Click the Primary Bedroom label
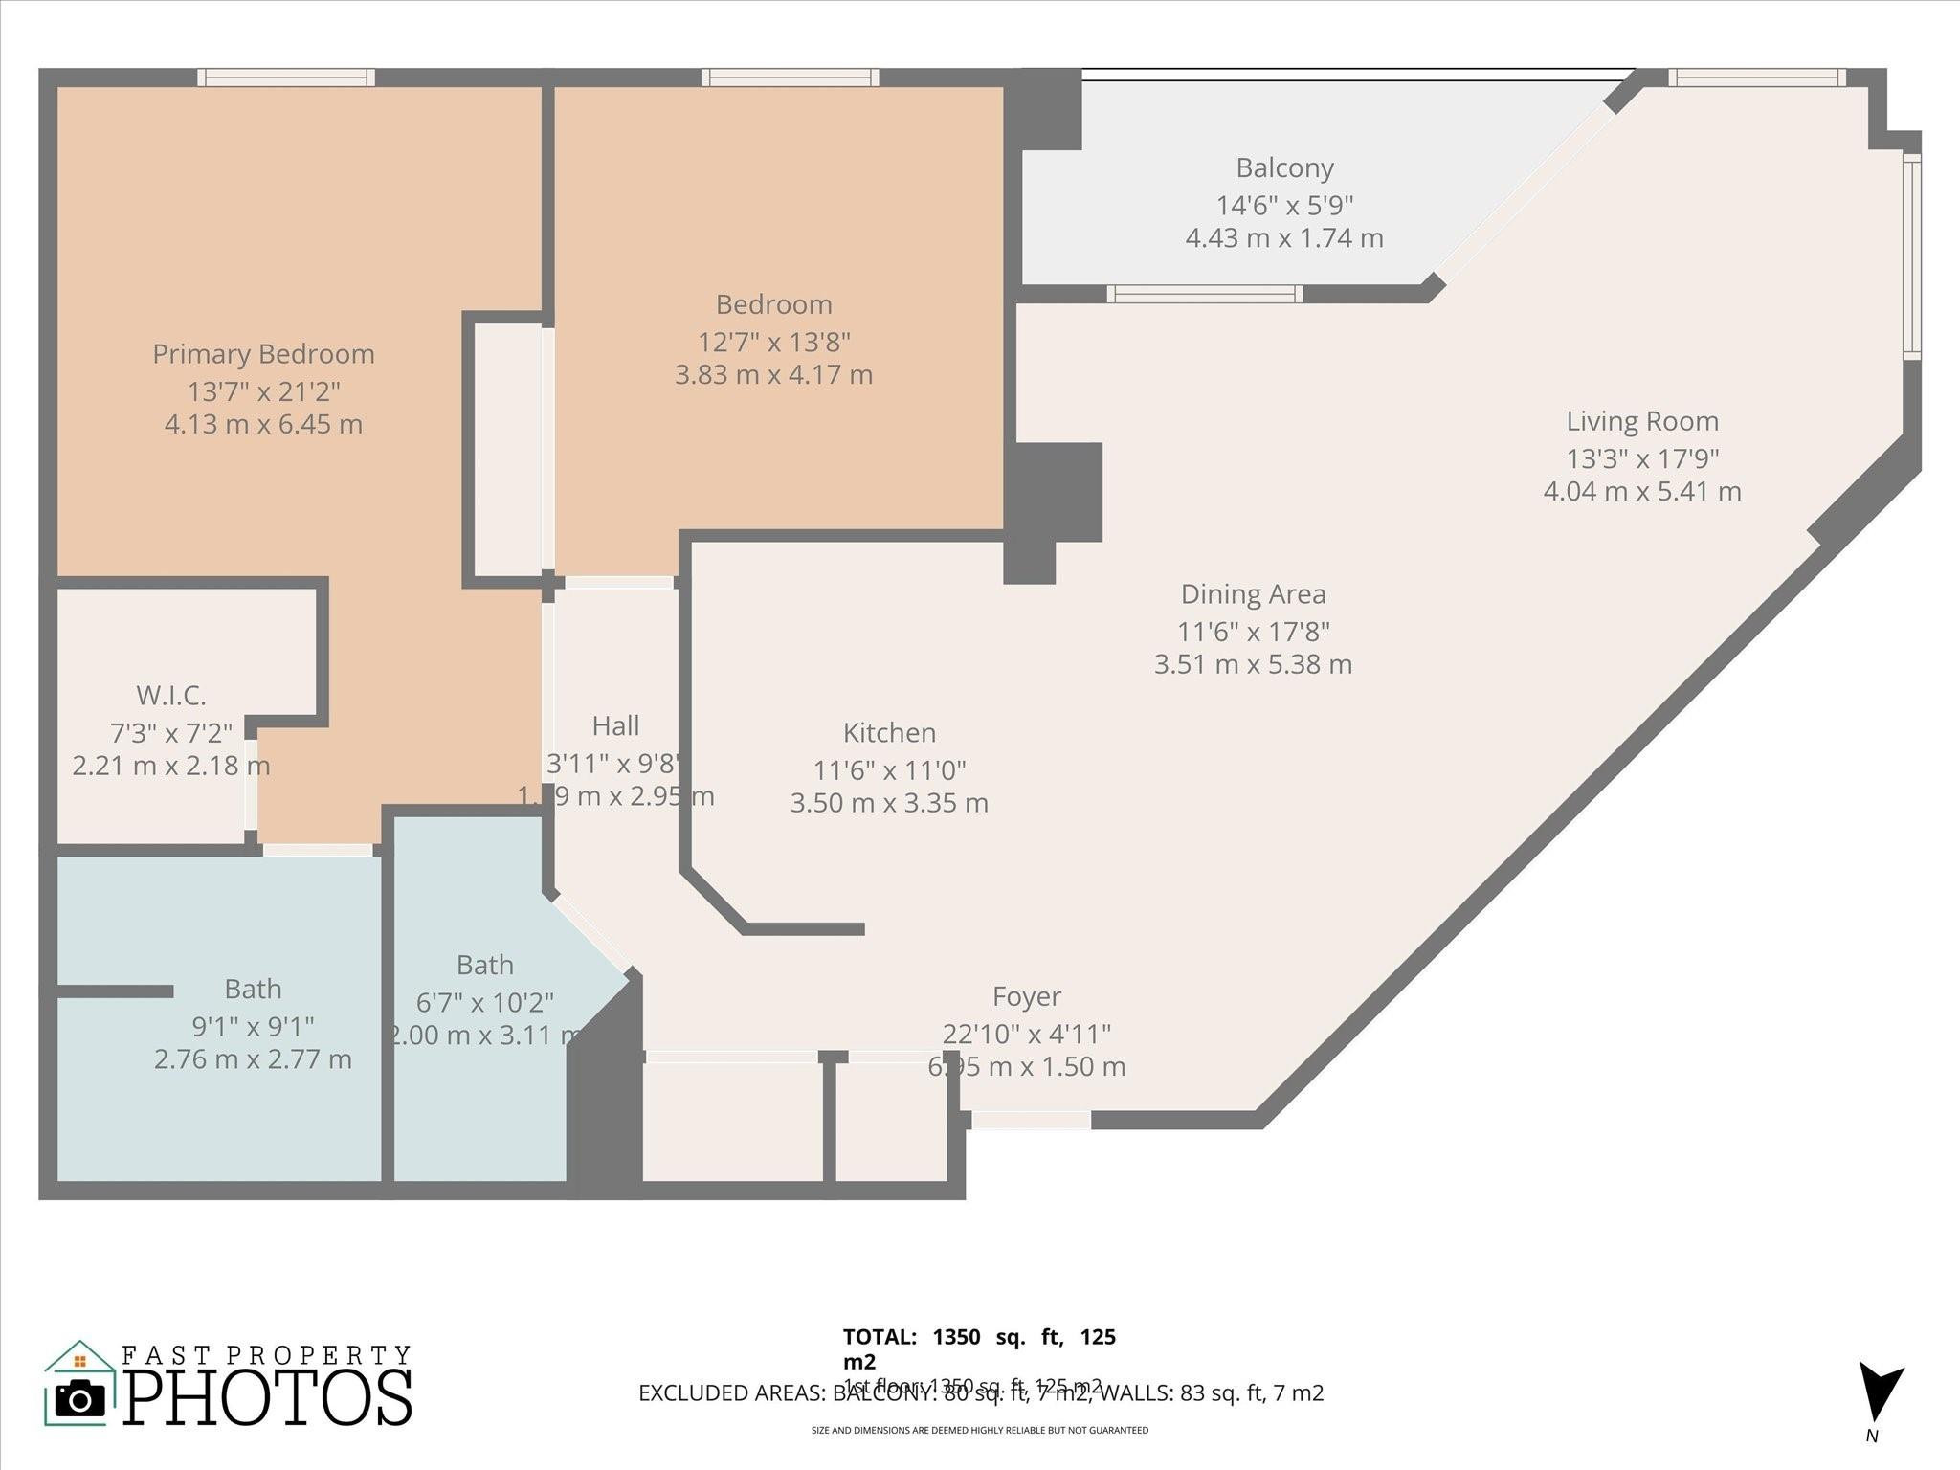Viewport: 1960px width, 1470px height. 263,354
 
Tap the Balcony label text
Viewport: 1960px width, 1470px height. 1284,168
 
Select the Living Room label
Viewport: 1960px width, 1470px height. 1641,421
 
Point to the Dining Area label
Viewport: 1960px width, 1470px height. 1253,594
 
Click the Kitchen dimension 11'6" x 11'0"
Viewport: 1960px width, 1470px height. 889,770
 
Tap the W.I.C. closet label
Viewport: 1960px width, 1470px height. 170,695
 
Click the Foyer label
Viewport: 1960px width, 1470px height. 1026,997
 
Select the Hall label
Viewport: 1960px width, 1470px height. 615,726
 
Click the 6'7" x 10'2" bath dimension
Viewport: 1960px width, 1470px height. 484,1003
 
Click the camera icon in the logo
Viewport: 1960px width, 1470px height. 79,1399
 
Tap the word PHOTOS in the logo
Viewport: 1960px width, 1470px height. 268,1398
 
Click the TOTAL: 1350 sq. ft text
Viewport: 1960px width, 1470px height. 978,1338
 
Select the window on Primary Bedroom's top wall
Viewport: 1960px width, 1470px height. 286,78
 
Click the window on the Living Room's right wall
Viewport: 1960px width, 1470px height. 1910,256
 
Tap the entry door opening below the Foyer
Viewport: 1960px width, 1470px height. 1031,1120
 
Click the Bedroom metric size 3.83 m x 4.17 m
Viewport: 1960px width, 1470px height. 773,375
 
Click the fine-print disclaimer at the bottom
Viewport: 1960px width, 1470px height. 979,1431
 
